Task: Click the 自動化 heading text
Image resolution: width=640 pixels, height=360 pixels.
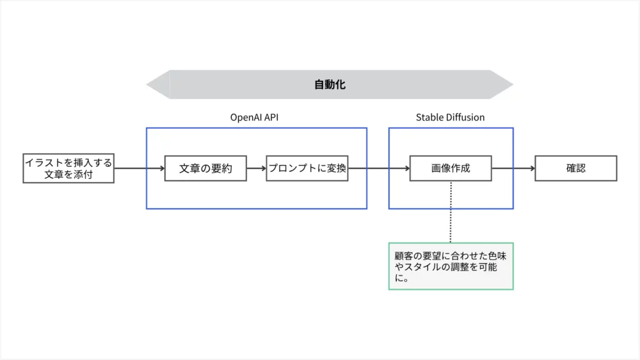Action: (330, 84)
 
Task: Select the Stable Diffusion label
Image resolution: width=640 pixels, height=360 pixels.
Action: (450, 117)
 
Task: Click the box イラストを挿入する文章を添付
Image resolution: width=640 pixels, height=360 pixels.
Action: (69, 168)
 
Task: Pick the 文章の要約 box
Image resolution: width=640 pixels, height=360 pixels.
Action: (205, 168)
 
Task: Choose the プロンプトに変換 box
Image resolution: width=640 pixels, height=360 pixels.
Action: (307, 168)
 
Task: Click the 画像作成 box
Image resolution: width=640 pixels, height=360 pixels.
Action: (450, 168)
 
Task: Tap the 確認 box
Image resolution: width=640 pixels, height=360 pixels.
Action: (576, 168)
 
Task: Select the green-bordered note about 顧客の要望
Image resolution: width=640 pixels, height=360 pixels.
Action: (451, 266)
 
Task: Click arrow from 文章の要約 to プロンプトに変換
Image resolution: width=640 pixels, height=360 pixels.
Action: (256, 168)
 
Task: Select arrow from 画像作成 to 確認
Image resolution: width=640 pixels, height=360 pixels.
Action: (512, 168)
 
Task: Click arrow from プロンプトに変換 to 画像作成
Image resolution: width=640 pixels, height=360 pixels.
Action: (378, 168)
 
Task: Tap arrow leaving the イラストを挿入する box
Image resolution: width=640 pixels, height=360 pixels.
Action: (139, 168)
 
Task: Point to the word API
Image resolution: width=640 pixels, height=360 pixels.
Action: (271, 117)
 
